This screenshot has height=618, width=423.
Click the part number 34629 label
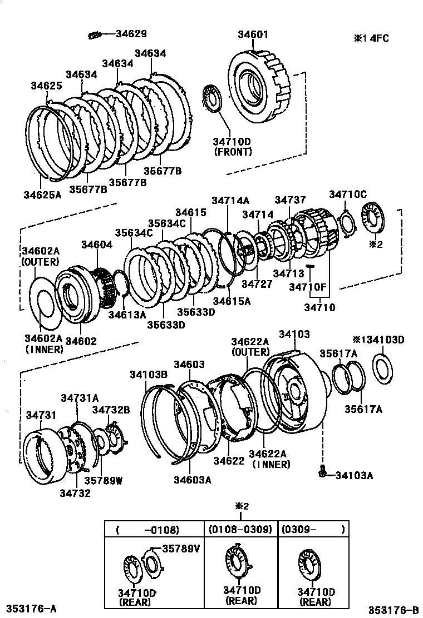coord(131,34)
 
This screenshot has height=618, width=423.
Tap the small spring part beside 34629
coord(94,36)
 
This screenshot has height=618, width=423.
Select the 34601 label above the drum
coord(253,34)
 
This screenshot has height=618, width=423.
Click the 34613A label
coord(127,315)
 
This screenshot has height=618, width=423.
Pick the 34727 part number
coord(257,283)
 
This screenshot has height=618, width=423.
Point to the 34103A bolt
coord(322,473)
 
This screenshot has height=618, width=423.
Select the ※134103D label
coord(378,340)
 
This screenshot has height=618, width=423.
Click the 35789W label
coord(103,481)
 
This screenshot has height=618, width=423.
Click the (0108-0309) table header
coord(240,530)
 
